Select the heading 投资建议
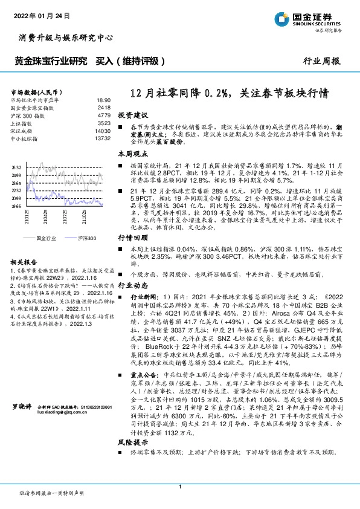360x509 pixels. tap(132, 114)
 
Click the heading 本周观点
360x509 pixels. tap(132, 155)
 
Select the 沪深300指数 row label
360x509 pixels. tap(28, 114)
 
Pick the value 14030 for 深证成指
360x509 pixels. tap(103, 131)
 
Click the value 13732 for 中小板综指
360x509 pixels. tap(103, 138)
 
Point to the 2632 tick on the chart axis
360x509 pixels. tap(16, 167)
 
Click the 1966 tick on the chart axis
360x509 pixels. tap(16, 206)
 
